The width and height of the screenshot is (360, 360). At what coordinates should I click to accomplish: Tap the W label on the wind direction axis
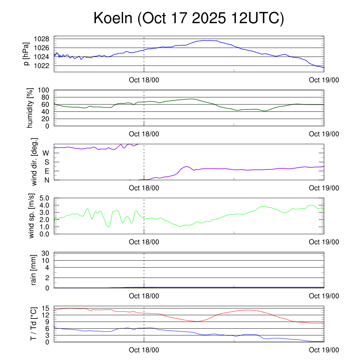(x=46, y=153)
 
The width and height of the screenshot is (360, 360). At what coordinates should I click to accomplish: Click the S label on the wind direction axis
(x=46, y=162)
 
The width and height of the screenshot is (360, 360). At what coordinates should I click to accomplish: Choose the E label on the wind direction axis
(x=46, y=171)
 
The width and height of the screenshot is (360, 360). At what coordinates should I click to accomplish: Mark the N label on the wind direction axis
(x=46, y=180)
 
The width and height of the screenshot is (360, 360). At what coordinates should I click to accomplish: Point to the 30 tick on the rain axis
(x=46, y=253)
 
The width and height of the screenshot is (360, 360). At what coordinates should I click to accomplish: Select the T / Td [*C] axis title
(x=34, y=324)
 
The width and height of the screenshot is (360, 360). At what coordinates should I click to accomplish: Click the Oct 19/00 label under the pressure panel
(x=324, y=80)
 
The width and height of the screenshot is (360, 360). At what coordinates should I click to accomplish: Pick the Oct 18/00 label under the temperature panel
(x=144, y=350)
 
